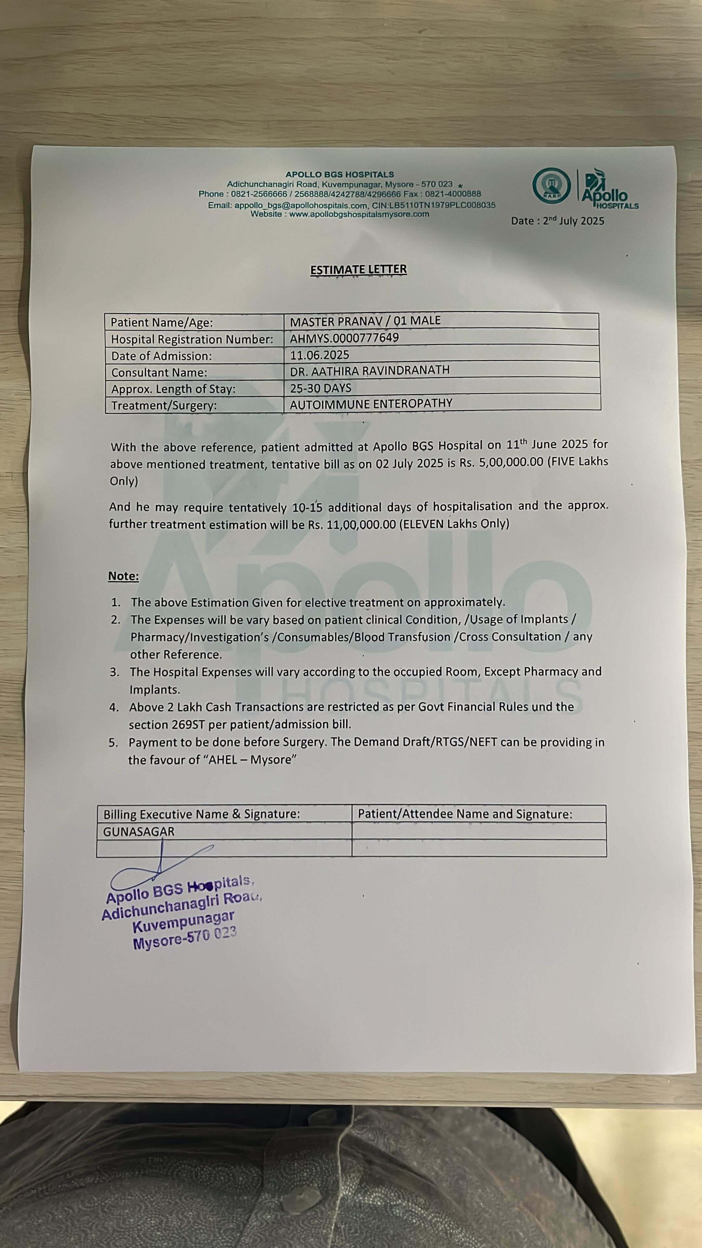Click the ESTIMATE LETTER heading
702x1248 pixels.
point(358,269)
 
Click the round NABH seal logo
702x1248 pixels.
point(551,186)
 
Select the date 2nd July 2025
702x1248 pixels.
point(573,221)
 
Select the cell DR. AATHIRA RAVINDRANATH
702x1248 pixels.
point(370,370)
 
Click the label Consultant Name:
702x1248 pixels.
point(159,372)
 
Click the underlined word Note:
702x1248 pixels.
point(123,576)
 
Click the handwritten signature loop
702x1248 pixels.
point(140,876)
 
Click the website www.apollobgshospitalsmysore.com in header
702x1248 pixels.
point(359,214)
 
